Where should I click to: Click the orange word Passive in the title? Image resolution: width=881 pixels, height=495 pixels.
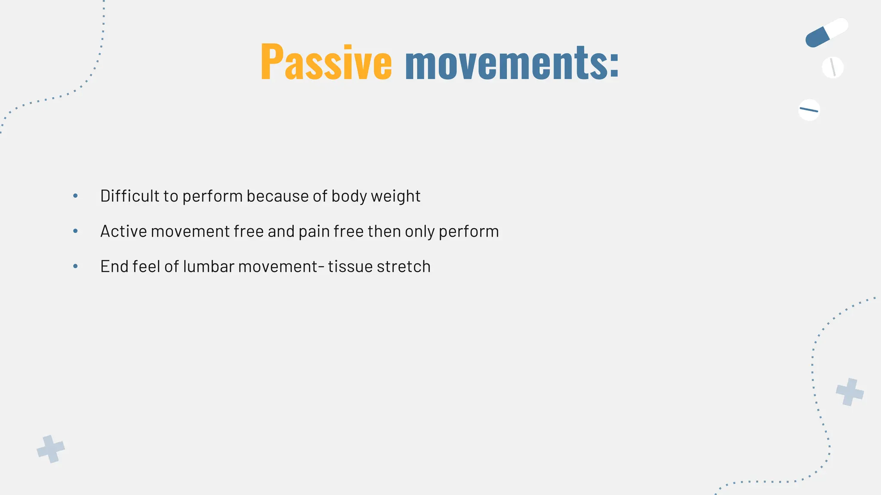click(x=326, y=63)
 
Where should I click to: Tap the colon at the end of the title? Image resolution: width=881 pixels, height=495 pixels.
click(x=614, y=66)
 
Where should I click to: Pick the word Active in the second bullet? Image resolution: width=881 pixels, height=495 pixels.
click(x=123, y=231)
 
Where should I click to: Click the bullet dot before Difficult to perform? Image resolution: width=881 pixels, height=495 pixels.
click(x=76, y=196)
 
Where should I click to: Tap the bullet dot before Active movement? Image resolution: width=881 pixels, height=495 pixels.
click(x=76, y=231)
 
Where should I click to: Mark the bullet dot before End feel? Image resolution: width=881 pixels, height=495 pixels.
click(x=76, y=266)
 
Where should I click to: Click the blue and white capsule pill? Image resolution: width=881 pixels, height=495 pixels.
click(x=826, y=33)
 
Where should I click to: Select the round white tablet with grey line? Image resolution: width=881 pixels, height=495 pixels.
click(x=832, y=67)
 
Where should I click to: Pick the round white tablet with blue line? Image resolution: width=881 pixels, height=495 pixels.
click(x=809, y=110)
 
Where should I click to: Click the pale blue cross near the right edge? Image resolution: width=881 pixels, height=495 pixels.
click(x=850, y=392)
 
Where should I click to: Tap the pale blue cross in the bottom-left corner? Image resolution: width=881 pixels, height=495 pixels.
click(x=51, y=449)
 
